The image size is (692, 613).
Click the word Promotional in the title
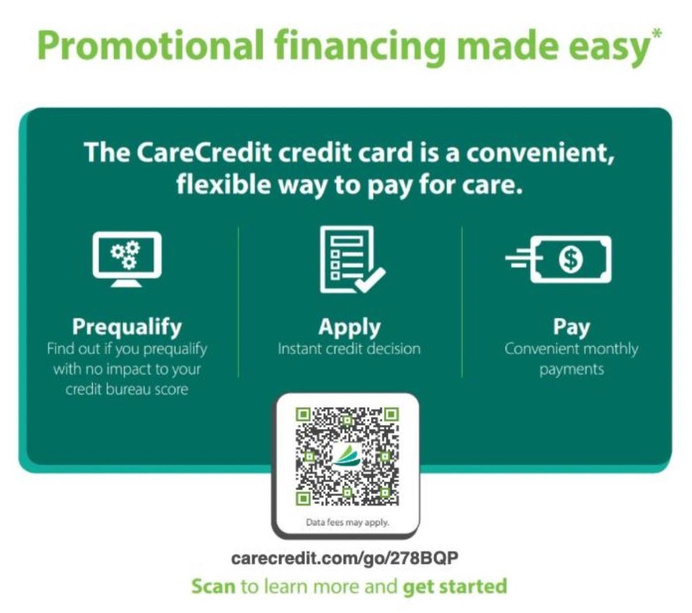tap(151, 46)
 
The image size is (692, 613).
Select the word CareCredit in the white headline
tap(204, 152)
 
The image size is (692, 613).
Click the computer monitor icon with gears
tap(127, 260)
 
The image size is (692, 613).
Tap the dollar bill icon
tap(558, 259)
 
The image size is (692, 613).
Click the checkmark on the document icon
tap(370, 280)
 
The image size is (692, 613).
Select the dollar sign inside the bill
tap(571, 259)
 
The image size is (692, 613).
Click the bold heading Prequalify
tap(127, 327)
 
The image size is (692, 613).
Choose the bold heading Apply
tap(349, 327)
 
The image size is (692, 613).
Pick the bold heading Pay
tap(571, 327)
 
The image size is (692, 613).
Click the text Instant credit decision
tap(349, 349)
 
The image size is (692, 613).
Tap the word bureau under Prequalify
tap(127, 389)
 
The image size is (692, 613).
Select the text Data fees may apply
tap(347, 523)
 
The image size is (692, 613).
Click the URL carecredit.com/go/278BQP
tap(345, 558)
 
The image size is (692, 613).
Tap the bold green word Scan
tap(213, 586)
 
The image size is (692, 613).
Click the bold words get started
tap(454, 587)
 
